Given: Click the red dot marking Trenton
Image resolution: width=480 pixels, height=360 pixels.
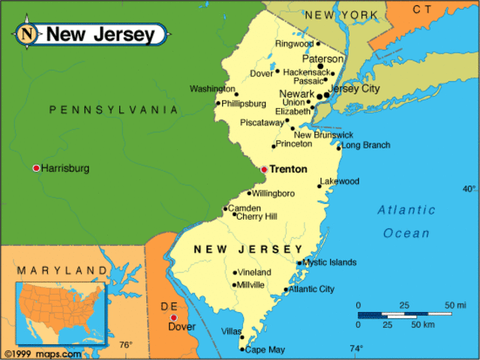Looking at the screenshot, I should coord(264,169).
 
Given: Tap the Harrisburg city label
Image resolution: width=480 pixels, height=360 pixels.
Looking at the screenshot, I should coord(64,168).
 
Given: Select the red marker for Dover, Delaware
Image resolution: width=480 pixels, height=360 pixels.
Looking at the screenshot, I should coord(174,318).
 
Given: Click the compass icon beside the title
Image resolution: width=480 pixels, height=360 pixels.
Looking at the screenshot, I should coord(28,34).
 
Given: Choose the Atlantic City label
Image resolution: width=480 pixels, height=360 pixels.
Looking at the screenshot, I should coord(312,289).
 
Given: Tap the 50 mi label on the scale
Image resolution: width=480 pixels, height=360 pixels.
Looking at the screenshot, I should coord(455,305).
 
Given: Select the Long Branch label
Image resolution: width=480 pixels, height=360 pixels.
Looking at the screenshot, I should coord(366,145).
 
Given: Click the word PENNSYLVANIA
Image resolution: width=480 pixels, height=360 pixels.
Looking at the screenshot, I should coord(114,110).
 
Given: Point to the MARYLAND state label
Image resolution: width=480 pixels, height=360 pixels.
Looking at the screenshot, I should coord(62,270).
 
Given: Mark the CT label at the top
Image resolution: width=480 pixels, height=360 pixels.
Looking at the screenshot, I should coord(423,10).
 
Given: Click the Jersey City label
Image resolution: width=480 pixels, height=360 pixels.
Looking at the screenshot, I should coord(355,88).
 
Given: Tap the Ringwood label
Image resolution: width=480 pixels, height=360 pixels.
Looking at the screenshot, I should coord(294,44).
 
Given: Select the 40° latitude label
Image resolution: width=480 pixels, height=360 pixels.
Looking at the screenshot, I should coord(469,188).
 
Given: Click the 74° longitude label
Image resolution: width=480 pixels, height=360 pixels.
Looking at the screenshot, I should coord(355,348).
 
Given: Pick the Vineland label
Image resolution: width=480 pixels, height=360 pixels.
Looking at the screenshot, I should coord(255,272).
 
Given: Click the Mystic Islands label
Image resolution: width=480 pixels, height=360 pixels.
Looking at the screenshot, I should coord(331,262).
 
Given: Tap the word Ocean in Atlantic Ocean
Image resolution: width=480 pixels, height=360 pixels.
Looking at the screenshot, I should coord(406,233).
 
